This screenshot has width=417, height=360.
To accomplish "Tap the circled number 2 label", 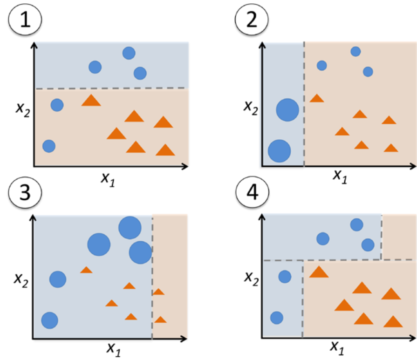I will pos(252,19).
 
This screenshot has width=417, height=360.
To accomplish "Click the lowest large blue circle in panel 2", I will pos(280,150).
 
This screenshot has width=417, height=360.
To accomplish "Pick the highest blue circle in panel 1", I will pos(129,53).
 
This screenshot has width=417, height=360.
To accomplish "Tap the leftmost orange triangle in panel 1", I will pos(91,100).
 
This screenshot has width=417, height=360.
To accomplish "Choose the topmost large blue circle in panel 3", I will pos(130,227).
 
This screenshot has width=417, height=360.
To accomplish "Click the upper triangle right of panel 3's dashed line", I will pos(159,292).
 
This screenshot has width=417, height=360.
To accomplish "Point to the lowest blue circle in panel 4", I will pos(277,318).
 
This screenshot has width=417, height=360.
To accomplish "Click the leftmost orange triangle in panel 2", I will pos(317,98).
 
